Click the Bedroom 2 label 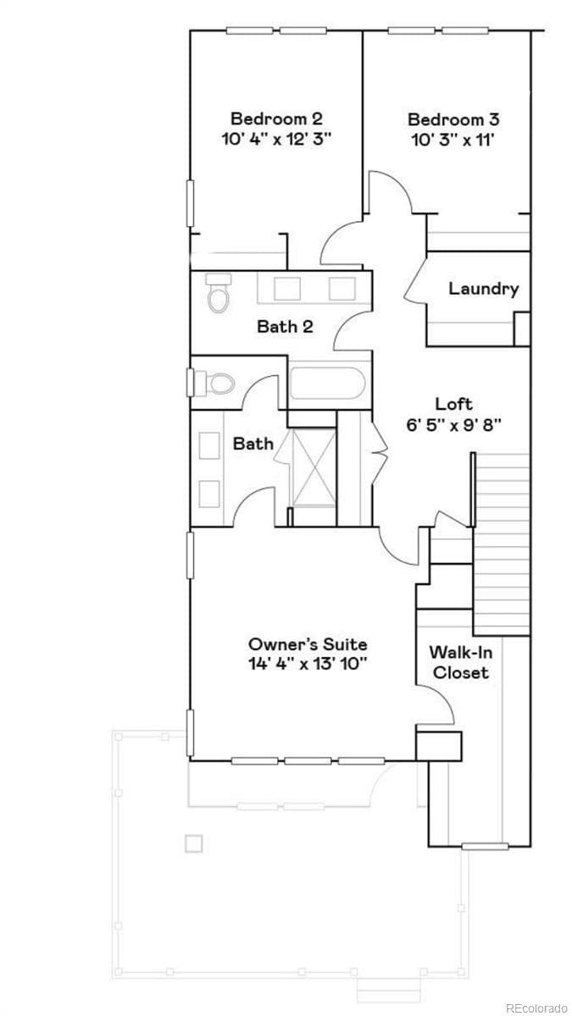pos(276,119)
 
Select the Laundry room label pos(483,289)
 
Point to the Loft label pos(454,404)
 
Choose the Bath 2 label pos(285,326)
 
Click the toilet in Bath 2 pos(219,292)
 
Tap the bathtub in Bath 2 pos(327,386)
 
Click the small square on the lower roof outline pos(194,843)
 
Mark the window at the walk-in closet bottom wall pos(485,845)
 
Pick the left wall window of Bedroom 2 pos(191,203)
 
